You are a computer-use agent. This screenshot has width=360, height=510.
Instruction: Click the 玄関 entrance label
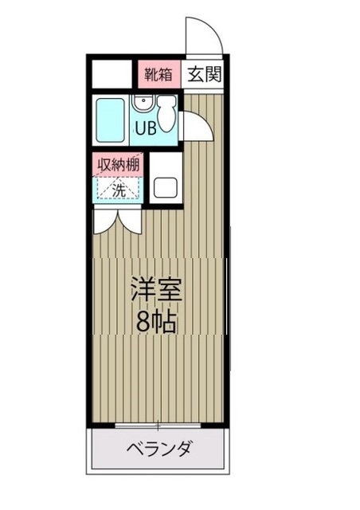click(205, 76)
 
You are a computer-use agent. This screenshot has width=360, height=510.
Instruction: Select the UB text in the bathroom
click(145, 127)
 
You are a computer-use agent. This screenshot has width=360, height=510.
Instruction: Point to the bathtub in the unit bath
click(110, 120)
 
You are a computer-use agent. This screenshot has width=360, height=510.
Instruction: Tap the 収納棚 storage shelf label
click(119, 165)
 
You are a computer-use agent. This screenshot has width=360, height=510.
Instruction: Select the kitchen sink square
click(166, 188)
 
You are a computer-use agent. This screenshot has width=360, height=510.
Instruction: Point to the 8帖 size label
click(157, 321)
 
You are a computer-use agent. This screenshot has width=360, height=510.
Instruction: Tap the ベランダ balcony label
click(159, 449)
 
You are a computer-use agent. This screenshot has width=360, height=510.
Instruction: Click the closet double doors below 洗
click(117, 220)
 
